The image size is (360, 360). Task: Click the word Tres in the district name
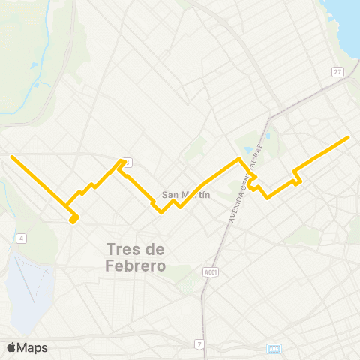pyautogui.click(x=123, y=249)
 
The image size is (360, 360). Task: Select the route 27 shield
pyautogui.click(x=338, y=70)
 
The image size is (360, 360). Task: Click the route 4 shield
pyautogui.click(x=22, y=238)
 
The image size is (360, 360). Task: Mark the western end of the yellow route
pyautogui.click(x=11, y=157)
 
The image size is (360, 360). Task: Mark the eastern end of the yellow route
pyautogui.click(x=349, y=138)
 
